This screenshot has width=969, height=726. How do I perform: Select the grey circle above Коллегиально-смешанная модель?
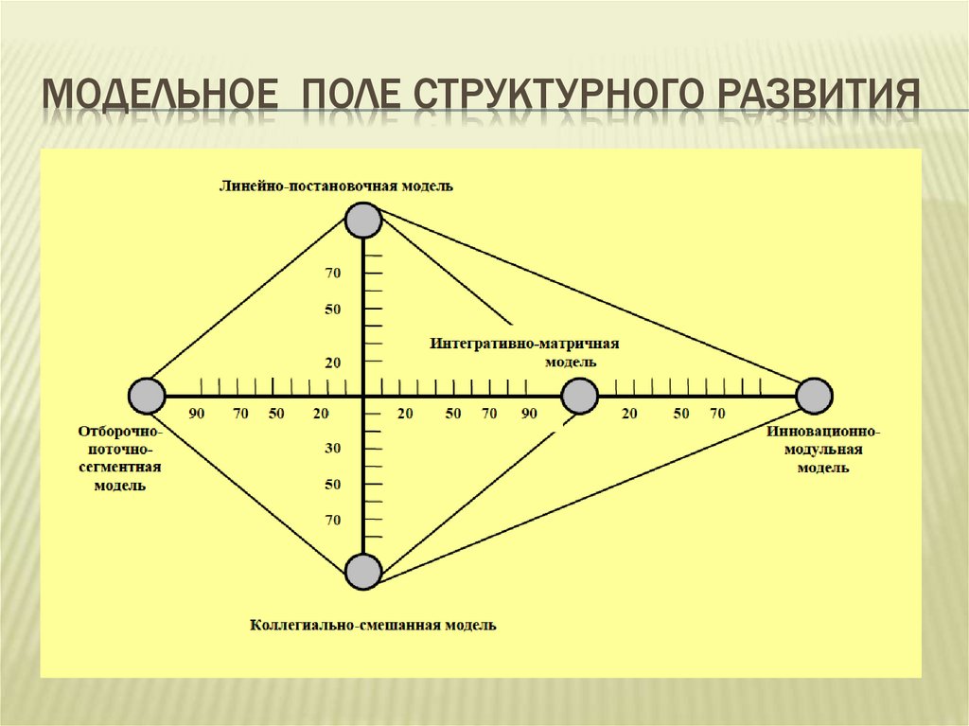(x=363, y=572)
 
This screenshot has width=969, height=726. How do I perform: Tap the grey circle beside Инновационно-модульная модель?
(x=814, y=396)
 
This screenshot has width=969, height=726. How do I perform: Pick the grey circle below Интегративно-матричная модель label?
(x=579, y=396)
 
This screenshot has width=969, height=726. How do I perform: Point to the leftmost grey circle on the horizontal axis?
(x=146, y=396)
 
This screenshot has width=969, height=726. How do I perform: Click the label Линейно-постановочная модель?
(x=336, y=186)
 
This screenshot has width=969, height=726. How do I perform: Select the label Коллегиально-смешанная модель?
(x=373, y=625)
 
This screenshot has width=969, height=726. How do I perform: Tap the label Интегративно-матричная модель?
(x=531, y=352)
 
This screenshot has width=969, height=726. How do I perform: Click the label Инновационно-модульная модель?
(x=822, y=449)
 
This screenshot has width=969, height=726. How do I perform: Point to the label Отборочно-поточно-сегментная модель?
(x=119, y=457)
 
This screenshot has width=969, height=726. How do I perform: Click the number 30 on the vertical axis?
(x=332, y=448)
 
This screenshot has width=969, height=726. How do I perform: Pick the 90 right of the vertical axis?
(x=528, y=414)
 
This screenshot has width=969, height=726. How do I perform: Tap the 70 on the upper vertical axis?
(x=332, y=274)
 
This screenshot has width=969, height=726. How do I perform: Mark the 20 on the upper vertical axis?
(x=332, y=363)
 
